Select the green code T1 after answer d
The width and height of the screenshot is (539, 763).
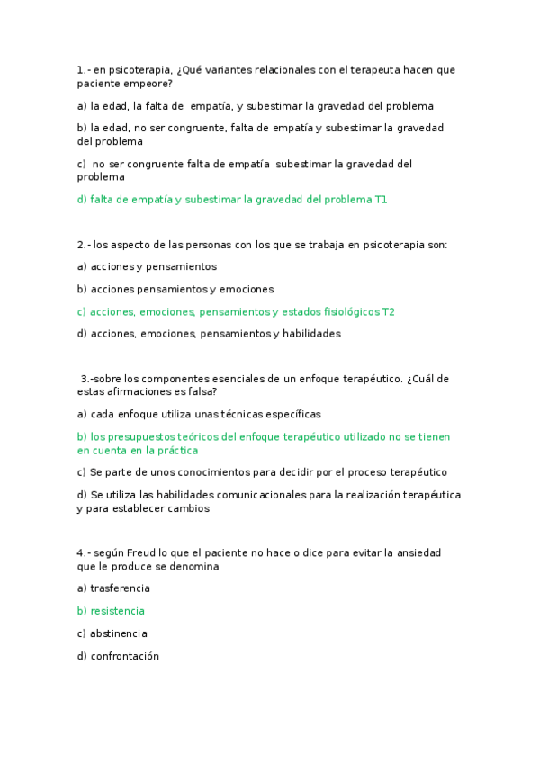[381, 200]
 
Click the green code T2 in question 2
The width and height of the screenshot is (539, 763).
[388, 312]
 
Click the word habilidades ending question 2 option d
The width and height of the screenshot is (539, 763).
[311, 334]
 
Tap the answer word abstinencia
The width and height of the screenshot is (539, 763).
[119, 633]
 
